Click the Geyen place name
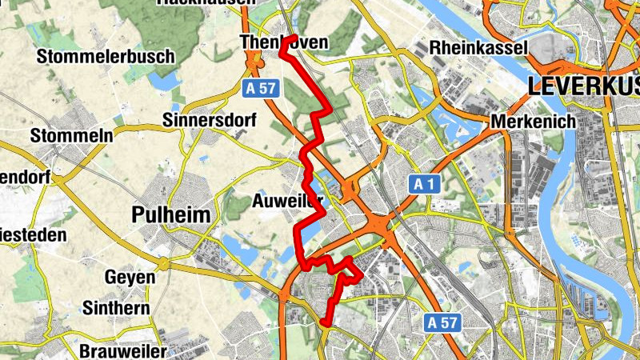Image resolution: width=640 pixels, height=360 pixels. click(x=130, y=277)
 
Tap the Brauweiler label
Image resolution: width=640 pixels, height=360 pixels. click(x=123, y=350)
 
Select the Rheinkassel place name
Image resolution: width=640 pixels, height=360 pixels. click(x=478, y=48)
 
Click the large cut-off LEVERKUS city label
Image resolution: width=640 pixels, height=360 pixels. click(x=583, y=86)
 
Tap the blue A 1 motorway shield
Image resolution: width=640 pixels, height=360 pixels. click(x=428, y=185)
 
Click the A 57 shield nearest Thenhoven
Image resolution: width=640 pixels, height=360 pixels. click(x=262, y=89)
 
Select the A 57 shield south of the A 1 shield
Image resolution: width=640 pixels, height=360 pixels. click(x=442, y=322)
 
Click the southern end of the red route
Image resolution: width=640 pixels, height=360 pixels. click(x=325, y=322)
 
